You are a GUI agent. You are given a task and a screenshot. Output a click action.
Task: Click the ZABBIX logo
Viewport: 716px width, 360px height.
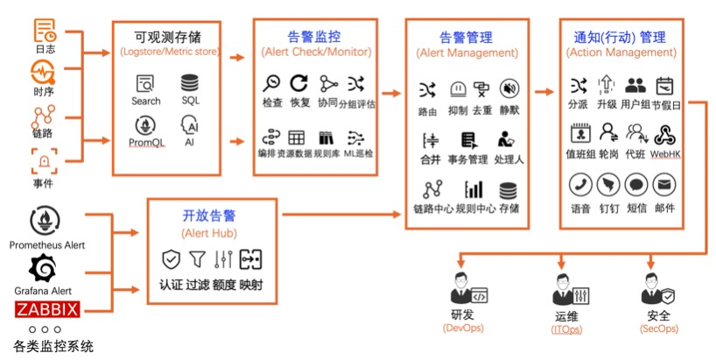(46, 309)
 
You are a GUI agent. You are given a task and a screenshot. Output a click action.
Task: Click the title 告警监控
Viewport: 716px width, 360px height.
(315, 37)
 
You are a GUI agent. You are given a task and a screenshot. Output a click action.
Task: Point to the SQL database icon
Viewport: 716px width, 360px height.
(190, 84)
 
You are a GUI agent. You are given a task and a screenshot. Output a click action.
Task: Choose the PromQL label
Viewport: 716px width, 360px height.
(146, 143)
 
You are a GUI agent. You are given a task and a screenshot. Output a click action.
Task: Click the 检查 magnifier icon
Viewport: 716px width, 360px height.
(272, 84)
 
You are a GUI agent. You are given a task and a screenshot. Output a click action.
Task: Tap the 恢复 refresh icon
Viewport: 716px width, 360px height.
(299, 84)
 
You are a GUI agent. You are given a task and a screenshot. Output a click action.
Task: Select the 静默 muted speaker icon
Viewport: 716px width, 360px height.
(509, 89)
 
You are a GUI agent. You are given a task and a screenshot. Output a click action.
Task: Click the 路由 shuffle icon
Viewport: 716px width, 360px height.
(427, 89)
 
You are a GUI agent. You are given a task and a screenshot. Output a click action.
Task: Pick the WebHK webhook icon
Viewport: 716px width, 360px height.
(664, 134)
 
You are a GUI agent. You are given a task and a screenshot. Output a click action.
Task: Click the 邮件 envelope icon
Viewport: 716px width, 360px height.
(664, 185)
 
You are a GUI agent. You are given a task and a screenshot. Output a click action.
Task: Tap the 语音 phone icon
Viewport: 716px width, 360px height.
(579, 185)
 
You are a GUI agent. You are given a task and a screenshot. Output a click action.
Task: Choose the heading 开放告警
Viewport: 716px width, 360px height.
(209, 215)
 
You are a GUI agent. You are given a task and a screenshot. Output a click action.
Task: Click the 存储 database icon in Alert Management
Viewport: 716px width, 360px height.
(509, 189)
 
